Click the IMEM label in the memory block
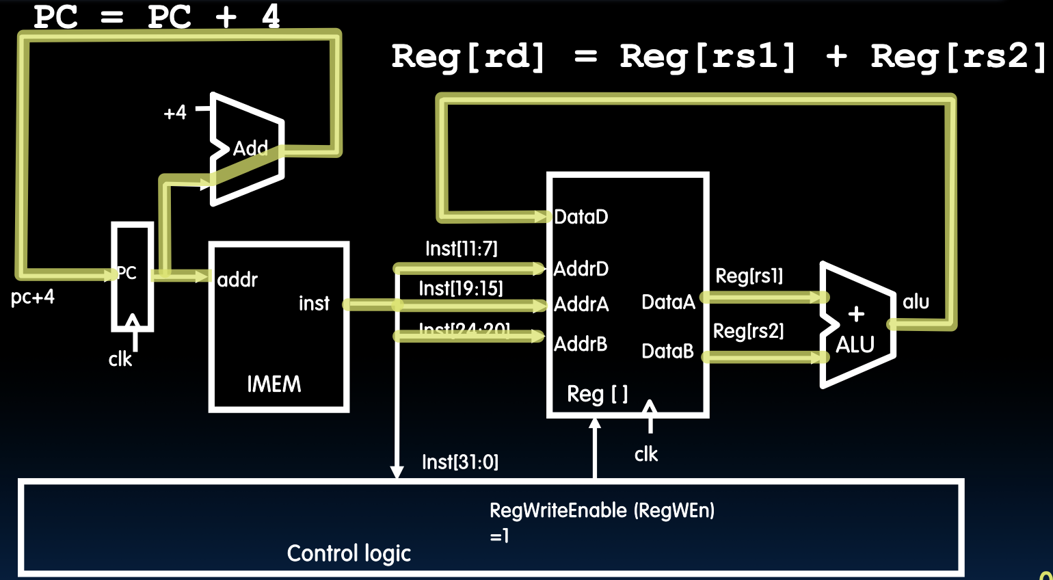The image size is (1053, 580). coord(274,384)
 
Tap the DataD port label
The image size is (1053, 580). coord(581,217)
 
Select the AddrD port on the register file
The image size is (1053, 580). coord(581,269)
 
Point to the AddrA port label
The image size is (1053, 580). coord(581,304)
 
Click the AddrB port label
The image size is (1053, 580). coord(580,343)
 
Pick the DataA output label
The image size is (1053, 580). coord(668,302)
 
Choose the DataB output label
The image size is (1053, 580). coord(667,351)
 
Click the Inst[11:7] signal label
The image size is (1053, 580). coord(461,248)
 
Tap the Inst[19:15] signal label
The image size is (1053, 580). coord(460,288)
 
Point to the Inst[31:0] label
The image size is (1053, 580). coord(459,462)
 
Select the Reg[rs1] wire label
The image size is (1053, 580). coord(749,276)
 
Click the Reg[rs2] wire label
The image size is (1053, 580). coord(748,331)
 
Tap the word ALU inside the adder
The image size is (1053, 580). coord(855,345)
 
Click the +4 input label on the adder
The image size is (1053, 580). coord(175,112)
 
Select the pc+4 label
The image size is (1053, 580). coord(32,298)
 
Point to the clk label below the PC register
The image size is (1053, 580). coord(120,359)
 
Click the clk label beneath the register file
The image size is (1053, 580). coord(645,454)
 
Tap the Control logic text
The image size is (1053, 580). coord(349,553)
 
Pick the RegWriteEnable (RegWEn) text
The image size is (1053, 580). coord(602,510)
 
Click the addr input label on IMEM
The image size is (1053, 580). coord(237,280)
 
